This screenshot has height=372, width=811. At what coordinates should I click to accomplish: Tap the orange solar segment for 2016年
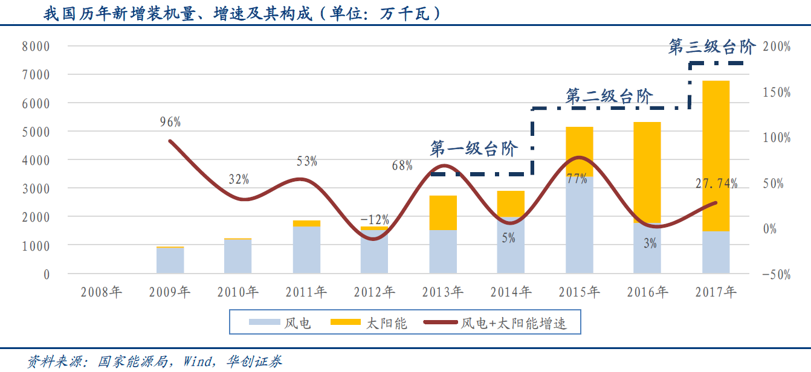click(647, 163)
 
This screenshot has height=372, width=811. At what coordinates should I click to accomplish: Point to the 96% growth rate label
click(170, 122)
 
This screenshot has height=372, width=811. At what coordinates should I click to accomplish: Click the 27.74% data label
click(716, 184)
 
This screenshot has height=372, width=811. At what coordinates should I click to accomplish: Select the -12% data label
click(375, 219)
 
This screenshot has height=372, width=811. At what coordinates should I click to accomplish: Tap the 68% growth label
click(402, 165)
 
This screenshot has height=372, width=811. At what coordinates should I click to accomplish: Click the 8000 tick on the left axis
click(36, 46)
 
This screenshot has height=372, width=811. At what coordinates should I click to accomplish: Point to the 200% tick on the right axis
click(777, 46)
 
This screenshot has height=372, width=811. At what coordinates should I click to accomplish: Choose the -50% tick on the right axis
click(777, 274)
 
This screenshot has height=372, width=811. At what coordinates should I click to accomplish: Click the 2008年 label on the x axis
click(102, 293)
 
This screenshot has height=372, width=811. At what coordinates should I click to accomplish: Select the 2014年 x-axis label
click(511, 293)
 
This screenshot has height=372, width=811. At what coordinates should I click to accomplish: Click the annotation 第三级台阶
click(712, 47)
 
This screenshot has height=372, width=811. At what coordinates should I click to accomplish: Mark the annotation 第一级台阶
click(474, 149)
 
